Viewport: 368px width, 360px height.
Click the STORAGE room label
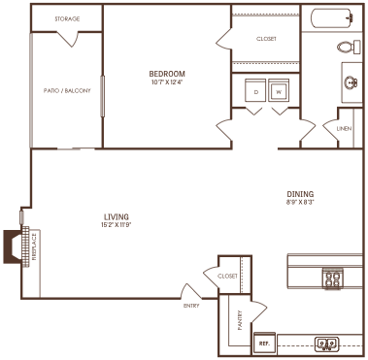pos(67,18)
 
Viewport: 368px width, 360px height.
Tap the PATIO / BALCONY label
pos(67,90)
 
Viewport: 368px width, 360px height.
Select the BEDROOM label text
pos(167,74)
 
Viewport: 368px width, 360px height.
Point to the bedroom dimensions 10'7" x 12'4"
pos(167,83)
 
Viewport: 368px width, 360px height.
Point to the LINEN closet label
pos(344,128)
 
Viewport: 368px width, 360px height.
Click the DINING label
pos(300,193)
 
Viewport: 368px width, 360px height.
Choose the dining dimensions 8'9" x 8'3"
pos(300,203)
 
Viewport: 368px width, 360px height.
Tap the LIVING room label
pos(117,215)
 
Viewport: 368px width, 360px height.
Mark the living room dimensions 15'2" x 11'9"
pos(117,225)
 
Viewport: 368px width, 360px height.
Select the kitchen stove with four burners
pos(333,279)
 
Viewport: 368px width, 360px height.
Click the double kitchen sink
pos(327,343)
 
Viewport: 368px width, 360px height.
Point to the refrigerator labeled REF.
pos(263,344)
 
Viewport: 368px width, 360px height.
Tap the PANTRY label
pos(239,321)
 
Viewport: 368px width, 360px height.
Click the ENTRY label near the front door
pos(191,306)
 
